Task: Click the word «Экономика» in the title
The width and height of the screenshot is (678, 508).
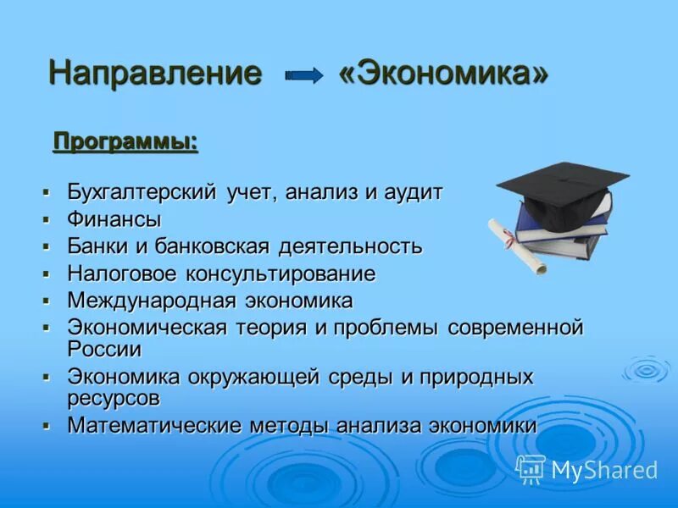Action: pyautogui.click(x=443, y=74)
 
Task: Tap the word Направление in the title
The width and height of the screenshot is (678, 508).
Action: pyautogui.click(x=155, y=74)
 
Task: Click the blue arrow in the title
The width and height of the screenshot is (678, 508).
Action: pyautogui.click(x=304, y=76)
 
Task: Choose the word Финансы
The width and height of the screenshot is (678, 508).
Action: pyautogui.click(x=114, y=219)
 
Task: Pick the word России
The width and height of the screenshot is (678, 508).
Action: pyautogui.click(x=104, y=348)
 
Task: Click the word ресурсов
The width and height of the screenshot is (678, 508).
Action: pyautogui.click(x=114, y=397)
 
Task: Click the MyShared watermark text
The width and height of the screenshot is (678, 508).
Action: pyautogui.click(x=604, y=470)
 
